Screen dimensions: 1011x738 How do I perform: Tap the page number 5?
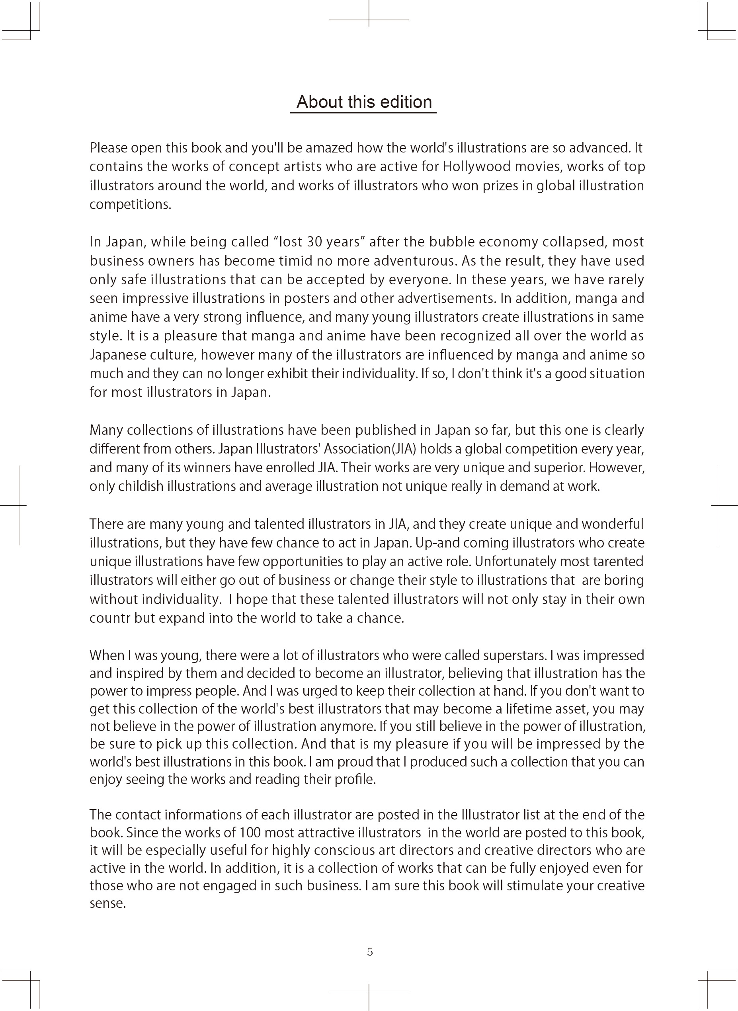tap(370, 952)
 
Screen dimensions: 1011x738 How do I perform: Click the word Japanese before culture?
tap(117, 355)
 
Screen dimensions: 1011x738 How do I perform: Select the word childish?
tap(141, 486)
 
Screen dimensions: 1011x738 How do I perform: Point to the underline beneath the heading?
tap(363, 113)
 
